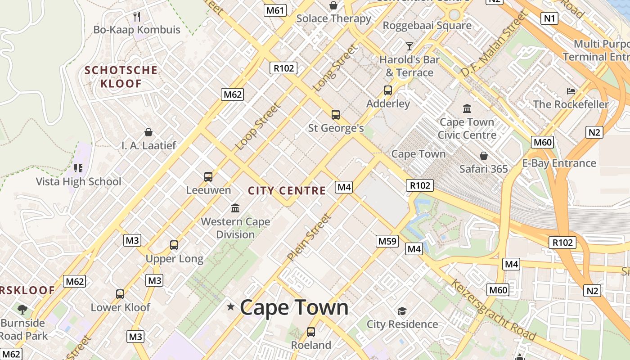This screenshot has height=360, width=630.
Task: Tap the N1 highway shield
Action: (x=550, y=18)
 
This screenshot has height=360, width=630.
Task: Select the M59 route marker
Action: (x=387, y=241)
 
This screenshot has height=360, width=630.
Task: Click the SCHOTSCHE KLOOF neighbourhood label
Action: (x=121, y=77)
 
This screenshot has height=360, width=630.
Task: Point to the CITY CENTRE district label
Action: (x=287, y=191)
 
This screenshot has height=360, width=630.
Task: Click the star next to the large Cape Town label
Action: (x=231, y=307)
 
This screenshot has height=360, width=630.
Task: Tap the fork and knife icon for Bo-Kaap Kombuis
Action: (x=137, y=17)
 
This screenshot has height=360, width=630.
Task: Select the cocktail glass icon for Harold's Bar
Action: (x=409, y=46)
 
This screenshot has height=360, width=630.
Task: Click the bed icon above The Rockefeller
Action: (x=571, y=91)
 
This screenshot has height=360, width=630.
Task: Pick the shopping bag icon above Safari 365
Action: (x=483, y=156)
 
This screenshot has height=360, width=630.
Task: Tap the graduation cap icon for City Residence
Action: (x=402, y=311)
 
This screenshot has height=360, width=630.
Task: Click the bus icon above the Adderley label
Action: (x=388, y=90)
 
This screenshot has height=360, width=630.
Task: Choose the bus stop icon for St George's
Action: (x=336, y=115)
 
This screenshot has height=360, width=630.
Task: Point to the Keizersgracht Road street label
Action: (x=493, y=310)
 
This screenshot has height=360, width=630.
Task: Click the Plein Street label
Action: (x=309, y=237)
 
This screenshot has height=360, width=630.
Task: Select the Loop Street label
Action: (x=258, y=126)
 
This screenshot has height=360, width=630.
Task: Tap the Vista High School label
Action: (x=79, y=182)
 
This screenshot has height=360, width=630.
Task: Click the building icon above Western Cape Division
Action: (x=235, y=208)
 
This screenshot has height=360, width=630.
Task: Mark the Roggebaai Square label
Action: (x=427, y=26)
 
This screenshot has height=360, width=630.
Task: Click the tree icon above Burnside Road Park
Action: (x=22, y=310)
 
